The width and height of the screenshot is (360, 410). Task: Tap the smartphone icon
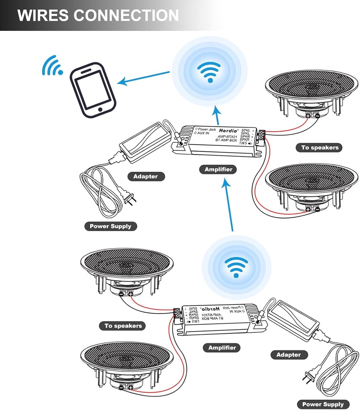click(x=93, y=90)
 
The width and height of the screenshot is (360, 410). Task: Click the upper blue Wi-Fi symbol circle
click(x=210, y=72)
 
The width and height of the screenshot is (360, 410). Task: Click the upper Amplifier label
click(x=218, y=169)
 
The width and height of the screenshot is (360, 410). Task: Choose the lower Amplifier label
click(x=222, y=348)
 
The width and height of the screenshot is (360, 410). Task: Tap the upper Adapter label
click(x=146, y=177)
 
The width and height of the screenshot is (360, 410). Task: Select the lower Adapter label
click(x=289, y=355)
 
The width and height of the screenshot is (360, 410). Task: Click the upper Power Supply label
click(x=111, y=226)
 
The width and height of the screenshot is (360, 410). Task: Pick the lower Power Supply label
click(x=323, y=404)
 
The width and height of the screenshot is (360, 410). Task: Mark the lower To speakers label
click(x=123, y=326)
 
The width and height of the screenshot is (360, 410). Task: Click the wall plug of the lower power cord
click(x=308, y=377)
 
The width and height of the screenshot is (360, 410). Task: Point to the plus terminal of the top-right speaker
click(x=308, y=116)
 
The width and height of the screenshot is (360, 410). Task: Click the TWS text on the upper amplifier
click(x=243, y=143)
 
